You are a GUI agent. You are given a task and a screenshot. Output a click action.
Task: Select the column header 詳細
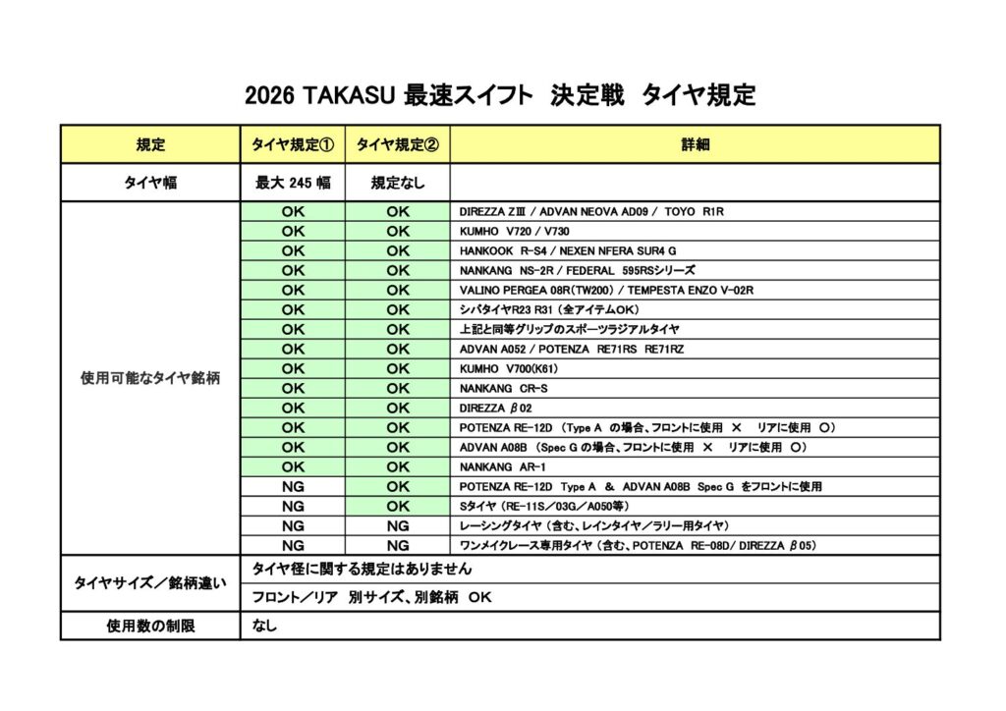click(x=695, y=144)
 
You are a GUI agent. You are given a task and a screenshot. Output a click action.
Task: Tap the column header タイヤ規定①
click(x=293, y=144)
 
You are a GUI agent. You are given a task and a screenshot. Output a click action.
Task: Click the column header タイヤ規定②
click(x=397, y=144)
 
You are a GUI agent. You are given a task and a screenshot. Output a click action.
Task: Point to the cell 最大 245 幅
click(x=293, y=183)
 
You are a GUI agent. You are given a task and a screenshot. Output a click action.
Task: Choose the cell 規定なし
click(x=397, y=183)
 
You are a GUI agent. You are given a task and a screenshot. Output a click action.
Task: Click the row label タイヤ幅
click(x=150, y=183)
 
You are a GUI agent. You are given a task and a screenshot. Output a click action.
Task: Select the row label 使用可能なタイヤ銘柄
click(x=150, y=378)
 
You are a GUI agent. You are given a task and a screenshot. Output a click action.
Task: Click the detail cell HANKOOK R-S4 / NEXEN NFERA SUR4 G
click(x=568, y=251)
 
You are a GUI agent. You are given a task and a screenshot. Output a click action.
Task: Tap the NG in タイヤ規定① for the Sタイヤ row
click(x=293, y=506)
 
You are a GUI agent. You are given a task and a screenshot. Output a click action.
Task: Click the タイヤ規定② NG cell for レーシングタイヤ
click(x=397, y=525)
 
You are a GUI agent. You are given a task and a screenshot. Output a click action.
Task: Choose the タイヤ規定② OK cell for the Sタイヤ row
click(x=397, y=506)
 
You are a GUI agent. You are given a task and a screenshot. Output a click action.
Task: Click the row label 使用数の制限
click(x=150, y=626)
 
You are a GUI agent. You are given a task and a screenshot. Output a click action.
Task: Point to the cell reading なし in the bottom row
click(x=264, y=626)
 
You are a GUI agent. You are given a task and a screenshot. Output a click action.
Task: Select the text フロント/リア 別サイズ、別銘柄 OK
click(x=371, y=597)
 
